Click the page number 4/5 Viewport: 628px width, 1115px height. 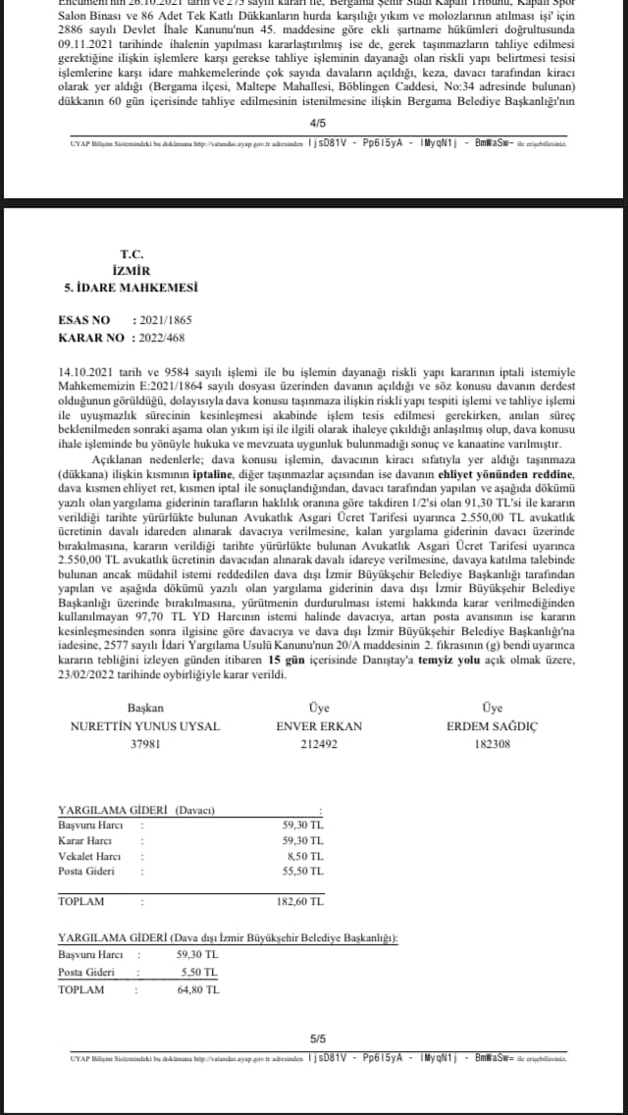pos(316,124)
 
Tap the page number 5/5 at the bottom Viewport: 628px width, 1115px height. pos(316,1037)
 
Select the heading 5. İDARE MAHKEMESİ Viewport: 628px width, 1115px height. pos(131,287)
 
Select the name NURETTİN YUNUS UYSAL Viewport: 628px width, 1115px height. pos(145,726)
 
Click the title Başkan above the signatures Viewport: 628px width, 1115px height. pos(145,708)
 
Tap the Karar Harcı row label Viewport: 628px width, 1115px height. pos(84,841)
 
